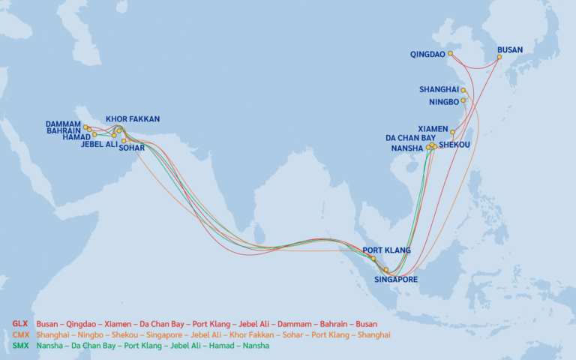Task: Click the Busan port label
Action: pos(510,50)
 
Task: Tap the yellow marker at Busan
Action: pos(499,57)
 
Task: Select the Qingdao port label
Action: pos(427,55)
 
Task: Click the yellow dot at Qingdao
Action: pos(450,54)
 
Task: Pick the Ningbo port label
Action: pos(443,101)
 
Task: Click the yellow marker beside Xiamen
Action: pos(452,132)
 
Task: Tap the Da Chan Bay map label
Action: pos(410,138)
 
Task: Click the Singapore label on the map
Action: pos(395,280)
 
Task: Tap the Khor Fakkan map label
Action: pos(133,119)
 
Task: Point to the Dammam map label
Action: pos(63,124)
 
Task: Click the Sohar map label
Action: pos(131,148)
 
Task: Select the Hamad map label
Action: pos(77,137)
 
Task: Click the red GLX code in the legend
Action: pos(20,323)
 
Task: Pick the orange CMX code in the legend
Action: pos(20,334)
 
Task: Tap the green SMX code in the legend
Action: pos(20,346)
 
